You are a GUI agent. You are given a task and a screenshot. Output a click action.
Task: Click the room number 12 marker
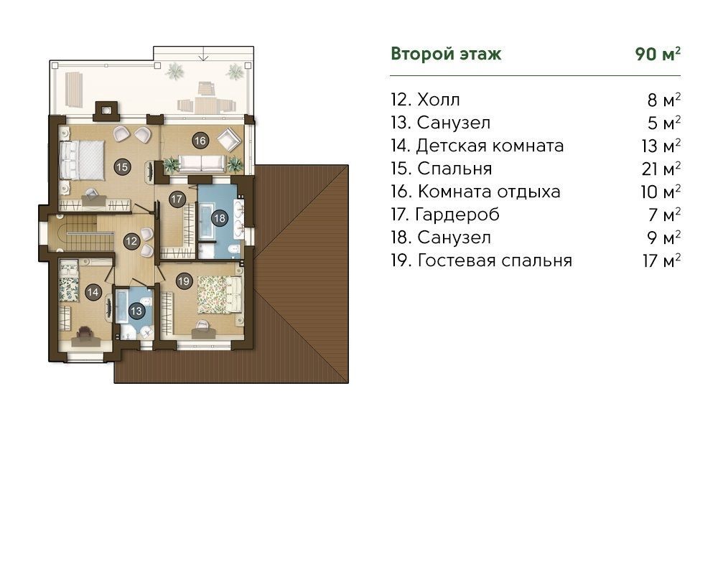(x=131, y=241)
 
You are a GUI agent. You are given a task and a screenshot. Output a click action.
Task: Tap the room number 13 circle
(x=136, y=311)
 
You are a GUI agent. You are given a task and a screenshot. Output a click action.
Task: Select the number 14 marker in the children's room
(x=93, y=292)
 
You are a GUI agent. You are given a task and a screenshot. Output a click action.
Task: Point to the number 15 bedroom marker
(x=122, y=167)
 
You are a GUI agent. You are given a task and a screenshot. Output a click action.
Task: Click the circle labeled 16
(x=200, y=141)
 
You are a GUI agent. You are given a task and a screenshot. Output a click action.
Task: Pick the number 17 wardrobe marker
(x=177, y=199)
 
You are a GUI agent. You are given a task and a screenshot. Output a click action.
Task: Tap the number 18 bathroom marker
(x=220, y=218)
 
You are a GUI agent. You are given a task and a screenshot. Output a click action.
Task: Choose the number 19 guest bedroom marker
(x=184, y=281)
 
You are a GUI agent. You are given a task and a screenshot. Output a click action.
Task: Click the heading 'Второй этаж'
(x=446, y=54)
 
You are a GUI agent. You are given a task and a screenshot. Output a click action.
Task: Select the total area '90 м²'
(x=658, y=54)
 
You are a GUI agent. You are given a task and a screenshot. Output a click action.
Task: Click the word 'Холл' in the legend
(x=438, y=100)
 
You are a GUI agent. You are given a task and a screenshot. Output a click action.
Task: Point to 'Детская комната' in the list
(x=490, y=146)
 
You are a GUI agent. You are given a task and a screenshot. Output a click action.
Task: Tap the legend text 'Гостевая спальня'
(x=495, y=260)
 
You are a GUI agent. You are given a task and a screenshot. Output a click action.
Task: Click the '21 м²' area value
(x=661, y=169)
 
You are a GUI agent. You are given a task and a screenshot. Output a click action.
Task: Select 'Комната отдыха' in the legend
(x=489, y=192)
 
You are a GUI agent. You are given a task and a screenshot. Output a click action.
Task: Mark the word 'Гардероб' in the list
(x=457, y=215)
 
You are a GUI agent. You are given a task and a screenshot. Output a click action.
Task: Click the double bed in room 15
(x=83, y=160)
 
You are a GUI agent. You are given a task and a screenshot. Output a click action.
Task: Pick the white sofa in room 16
(x=202, y=163)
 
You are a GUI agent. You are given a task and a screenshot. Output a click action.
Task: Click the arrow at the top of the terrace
(x=203, y=53)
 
